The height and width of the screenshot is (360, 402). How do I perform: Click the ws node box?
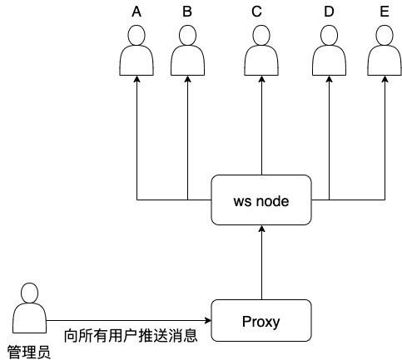261,200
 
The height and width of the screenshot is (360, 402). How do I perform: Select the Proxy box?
261,321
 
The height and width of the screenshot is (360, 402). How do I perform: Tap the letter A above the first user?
137,12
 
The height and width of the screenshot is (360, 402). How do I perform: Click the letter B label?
187,12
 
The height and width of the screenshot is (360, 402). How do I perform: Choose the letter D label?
329,12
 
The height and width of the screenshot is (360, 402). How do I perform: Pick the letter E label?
385,12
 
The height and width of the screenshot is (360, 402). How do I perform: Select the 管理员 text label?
29,351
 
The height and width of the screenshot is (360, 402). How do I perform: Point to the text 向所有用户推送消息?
131,336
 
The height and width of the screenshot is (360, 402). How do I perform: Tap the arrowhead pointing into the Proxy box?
207,321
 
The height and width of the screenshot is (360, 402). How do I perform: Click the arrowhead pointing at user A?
137,81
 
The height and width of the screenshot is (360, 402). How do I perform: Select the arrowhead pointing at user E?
385,81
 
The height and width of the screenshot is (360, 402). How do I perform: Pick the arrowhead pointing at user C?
261,81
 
